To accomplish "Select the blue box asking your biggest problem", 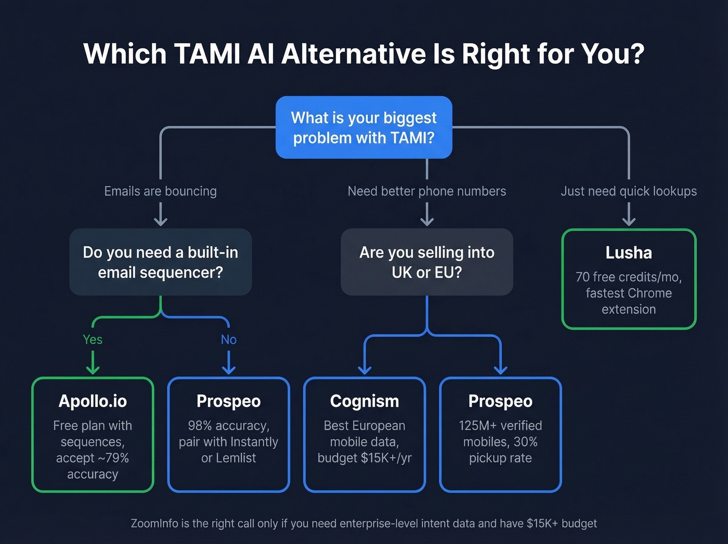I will (x=363, y=128).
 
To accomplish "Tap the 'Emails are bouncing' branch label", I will (x=160, y=191).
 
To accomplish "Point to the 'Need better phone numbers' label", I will (x=426, y=191).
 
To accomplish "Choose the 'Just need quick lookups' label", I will (x=628, y=191).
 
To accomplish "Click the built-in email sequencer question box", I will (x=160, y=262).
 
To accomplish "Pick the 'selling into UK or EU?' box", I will (x=426, y=262).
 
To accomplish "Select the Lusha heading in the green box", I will (x=628, y=253).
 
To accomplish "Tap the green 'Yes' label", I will (x=93, y=339).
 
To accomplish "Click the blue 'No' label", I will (x=228, y=339).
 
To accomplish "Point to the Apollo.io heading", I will (x=93, y=401).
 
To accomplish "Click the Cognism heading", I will (x=365, y=401).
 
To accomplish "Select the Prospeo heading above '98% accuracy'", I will (x=228, y=401).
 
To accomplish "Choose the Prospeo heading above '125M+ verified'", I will (x=500, y=401).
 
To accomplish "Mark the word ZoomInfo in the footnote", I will (x=154, y=524).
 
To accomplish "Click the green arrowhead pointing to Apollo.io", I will (x=93, y=369).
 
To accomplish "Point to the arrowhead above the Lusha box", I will (x=629, y=221).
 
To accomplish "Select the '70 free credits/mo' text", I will (x=628, y=277).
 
